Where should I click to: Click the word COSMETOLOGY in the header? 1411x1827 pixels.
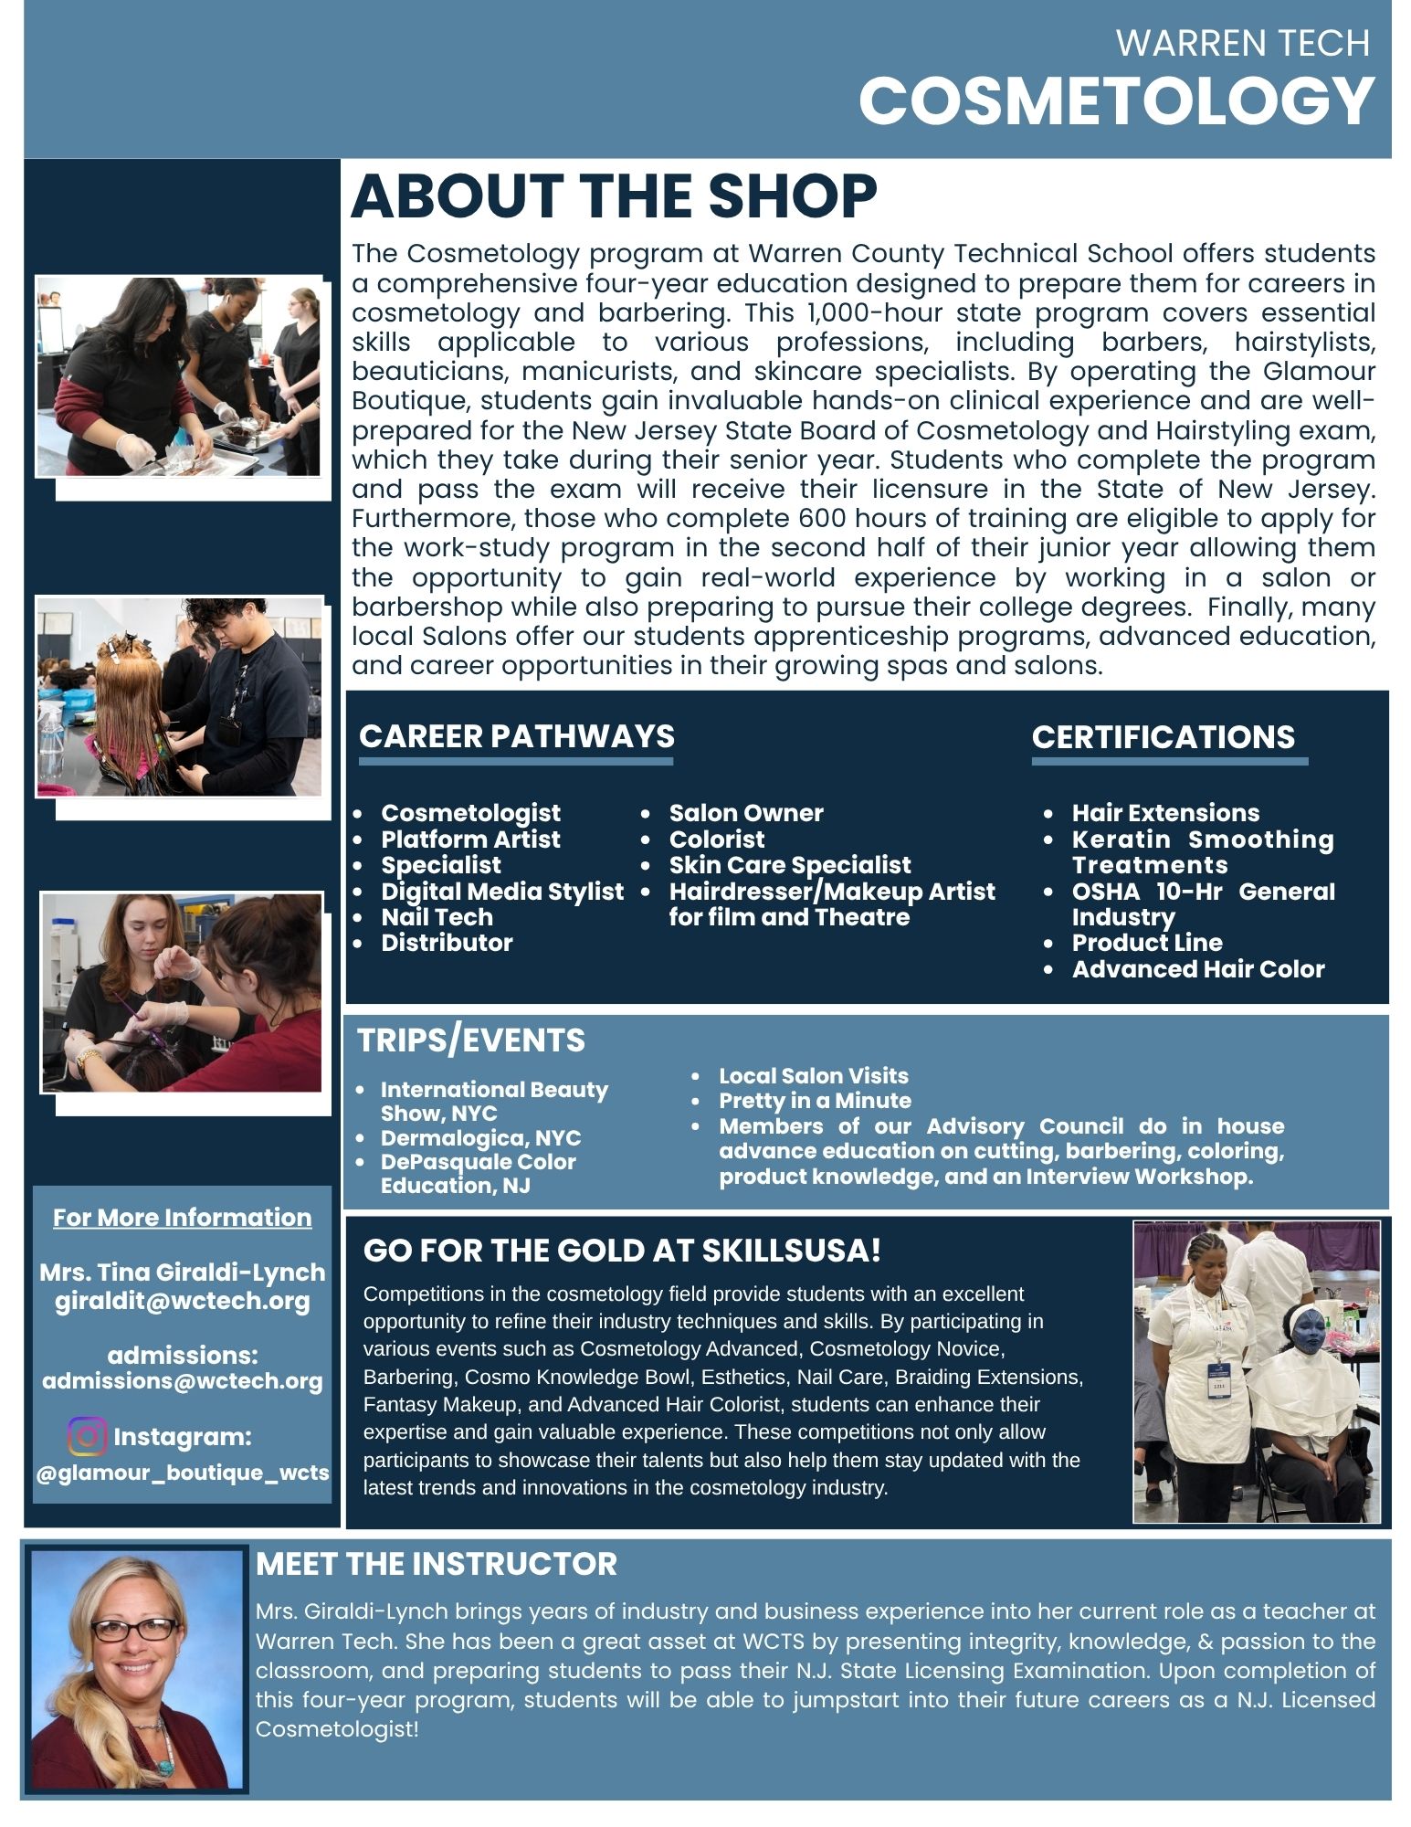[x=1116, y=100]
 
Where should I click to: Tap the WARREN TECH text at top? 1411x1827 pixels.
[x=1242, y=43]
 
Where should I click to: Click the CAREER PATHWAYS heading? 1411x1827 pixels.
[x=517, y=736]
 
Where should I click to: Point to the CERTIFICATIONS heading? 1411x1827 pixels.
[x=1163, y=737]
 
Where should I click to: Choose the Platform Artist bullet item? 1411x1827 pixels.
[x=470, y=840]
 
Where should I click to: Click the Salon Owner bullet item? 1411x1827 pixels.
[x=745, y=813]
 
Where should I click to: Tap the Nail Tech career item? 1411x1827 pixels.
[x=437, y=917]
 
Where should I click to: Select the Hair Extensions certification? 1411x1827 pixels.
[x=1165, y=813]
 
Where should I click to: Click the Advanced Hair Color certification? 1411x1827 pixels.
[x=1197, y=969]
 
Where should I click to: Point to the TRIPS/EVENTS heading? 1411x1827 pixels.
[x=471, y=1040]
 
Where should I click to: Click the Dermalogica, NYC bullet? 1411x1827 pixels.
[x=480, y=1138]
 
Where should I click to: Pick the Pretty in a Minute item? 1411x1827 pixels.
[x=815, y=1101]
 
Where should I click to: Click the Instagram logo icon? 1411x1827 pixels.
[x=88, y=1436]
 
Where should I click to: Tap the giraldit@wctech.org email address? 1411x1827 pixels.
[x=183, y=1301]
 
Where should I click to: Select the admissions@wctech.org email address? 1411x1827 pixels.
[x=183, y=1381]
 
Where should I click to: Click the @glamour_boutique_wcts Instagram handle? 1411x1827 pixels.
[x=183, y=1473]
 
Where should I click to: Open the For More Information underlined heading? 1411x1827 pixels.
[x=183, y=1218]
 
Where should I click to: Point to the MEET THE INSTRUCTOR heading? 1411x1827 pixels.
[x=437, y=1564]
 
